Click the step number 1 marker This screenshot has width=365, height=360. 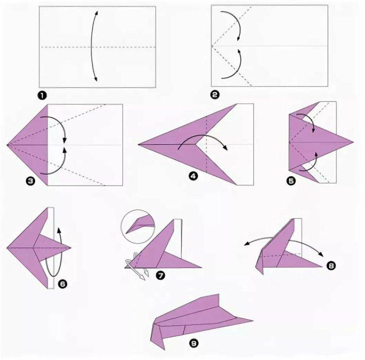tap(41, 95)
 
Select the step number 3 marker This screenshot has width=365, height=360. tap(31, 181)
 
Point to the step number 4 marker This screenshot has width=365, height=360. tap(193, 177)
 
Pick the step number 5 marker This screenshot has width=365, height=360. tap(291, 181)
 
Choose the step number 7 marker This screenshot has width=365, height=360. tap(160, 276)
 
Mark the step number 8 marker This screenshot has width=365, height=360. tap(331, 265)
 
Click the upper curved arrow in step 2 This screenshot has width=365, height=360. tap(234, 24)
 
